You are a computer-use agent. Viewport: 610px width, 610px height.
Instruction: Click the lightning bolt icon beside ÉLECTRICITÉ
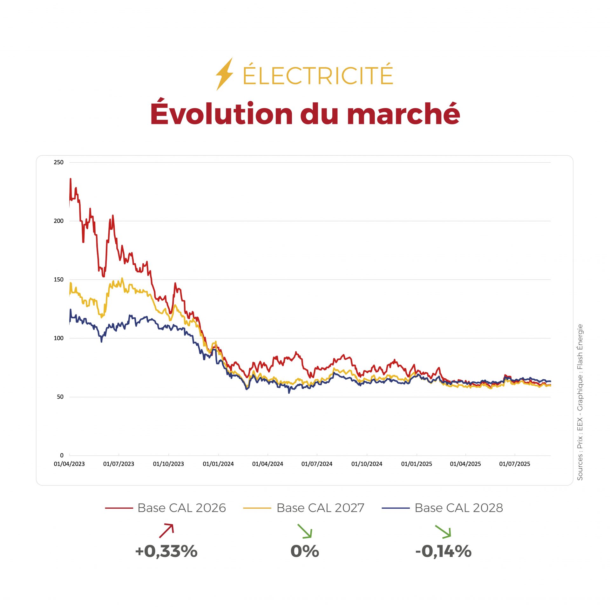225,74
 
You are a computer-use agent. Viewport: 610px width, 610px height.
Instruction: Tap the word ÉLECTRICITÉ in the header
318,75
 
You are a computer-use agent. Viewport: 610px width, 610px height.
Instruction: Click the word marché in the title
403,114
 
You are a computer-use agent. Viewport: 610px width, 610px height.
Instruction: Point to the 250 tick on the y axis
58,162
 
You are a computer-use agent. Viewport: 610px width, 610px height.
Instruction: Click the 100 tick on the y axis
58,338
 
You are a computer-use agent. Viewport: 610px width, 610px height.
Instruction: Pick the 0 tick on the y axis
62,455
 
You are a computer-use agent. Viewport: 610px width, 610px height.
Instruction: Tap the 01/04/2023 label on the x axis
69,464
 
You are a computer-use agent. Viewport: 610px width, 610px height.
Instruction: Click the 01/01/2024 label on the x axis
218,464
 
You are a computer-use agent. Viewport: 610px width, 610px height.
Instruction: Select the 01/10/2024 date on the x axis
367,464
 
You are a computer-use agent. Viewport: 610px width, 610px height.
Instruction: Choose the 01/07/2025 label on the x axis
514,464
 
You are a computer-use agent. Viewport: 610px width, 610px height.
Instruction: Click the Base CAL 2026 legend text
181,508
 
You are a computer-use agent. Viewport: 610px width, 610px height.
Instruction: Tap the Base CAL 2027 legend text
320,508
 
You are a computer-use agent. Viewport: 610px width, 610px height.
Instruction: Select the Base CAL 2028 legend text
459,508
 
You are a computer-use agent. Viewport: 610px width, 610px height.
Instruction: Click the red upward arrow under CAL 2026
166,531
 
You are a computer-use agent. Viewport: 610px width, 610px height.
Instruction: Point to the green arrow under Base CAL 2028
443,532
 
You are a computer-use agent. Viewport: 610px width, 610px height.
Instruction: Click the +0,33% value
166,551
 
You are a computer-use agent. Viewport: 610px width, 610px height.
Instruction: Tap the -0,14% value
443,551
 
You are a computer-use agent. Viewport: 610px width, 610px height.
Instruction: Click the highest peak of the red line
71,179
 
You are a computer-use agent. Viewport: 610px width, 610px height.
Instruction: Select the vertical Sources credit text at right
580,402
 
